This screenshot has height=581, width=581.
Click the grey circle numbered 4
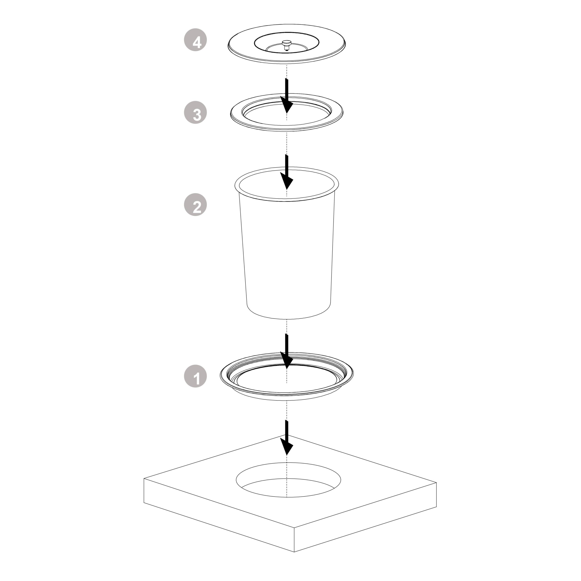point(195,40)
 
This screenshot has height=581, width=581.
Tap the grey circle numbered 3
point(195,113)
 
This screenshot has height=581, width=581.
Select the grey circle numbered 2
point(195,205)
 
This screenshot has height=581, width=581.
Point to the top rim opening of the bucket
point(287,184)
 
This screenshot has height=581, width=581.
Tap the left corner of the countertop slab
point(144,478)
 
